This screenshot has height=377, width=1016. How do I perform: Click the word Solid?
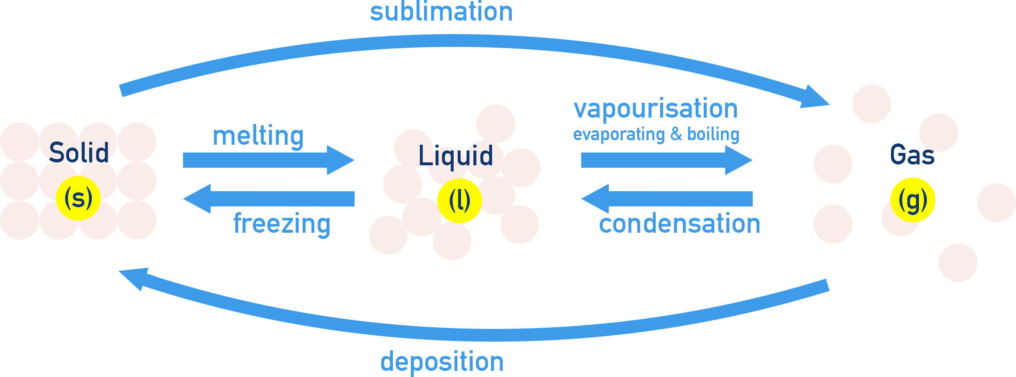pyautogui.click(x=79, y=153)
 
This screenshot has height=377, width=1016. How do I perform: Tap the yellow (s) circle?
pyautogui.click(x=78, y=198)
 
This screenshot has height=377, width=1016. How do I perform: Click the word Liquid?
pyautogui.click(x=455, y=156)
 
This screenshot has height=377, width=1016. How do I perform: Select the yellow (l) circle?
pyautogui.click(x=459, y=201)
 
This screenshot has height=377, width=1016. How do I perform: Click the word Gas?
pyautogui.click(x=912, y=155)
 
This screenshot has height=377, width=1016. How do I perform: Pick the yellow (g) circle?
pyautogui.click(x=913, y=200)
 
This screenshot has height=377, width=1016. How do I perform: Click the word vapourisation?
pyautogui.click(x=656, y=109)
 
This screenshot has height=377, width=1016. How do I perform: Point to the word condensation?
pyautogui.click(x=680, y=224)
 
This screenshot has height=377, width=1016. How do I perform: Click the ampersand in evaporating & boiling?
pyautogui.click(x=676, y=134)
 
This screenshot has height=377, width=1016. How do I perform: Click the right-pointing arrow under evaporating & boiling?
pyautogui.click(x=666, y=160)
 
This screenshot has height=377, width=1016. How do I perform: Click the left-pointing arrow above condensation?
pyautogui.click(x=666, y=199)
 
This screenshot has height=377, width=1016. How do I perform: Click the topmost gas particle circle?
pyautogui.click(x=871, y=104)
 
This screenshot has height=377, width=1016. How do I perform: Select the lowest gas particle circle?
pyautogui.click(x=958, y=263)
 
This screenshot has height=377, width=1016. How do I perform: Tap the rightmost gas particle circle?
pyautogui.click(x=996, y=203)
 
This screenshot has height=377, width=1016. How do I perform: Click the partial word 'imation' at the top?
pyautogui.click(x=467, y=12)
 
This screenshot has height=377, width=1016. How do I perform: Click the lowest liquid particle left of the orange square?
pyautogui.click(x=388, y=235)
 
